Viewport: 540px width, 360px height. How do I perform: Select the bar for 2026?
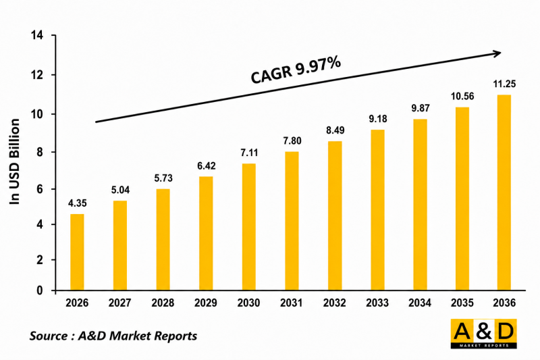[x=77, y=252]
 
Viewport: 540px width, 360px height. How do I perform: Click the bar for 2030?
[x=248, y=227]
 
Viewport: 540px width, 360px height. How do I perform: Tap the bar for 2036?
[x=504, y=192]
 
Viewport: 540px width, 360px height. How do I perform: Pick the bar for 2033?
[x=377, y=210]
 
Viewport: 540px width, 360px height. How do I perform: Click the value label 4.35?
[x=77, y=203]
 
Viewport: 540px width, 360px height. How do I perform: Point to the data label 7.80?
[x=292, y=141]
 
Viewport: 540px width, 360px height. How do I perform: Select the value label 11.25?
[x=504, y=84]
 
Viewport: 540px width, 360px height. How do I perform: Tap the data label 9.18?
[x=378, y=119]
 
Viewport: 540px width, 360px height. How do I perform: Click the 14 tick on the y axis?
[x=37, y=35]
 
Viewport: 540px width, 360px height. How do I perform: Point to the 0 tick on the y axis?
[x=40, y=290]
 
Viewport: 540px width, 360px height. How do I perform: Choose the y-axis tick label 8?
[x=40, y=152]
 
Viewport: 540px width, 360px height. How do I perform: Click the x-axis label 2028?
[x=163, y=303]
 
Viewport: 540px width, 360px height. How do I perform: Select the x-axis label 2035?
[x=462, y=303]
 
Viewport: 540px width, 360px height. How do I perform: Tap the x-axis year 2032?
[x=334, y=303]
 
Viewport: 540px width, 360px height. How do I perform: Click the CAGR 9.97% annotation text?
[x=296, y=71]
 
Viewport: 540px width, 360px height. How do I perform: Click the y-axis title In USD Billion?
[x=14, y=161]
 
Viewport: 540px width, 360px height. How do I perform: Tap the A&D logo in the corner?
[x=484, y=334]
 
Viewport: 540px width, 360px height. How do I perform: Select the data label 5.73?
[x=163, y=178]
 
